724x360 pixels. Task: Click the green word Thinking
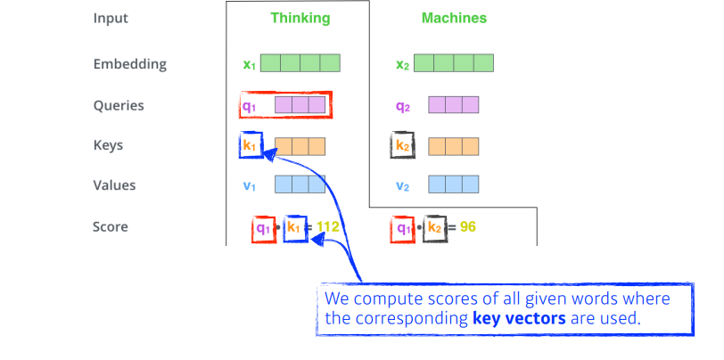[300, 18]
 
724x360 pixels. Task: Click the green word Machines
[454, 18]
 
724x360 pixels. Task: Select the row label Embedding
[129, 64]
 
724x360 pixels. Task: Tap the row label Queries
[119, 105]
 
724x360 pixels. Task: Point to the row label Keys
[108, 145]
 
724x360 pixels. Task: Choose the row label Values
[114, 185]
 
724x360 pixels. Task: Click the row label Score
[111, 226]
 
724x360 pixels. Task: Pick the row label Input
[111, 18]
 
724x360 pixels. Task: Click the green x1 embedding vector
[300, 64]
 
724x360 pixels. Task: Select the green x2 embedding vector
[453, 64]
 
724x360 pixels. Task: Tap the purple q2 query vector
[453, 105]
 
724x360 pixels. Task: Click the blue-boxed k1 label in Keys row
[251, 145]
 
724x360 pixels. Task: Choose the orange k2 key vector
[453, 145]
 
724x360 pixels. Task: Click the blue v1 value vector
[300, 185]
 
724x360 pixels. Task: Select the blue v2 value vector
[453, 185]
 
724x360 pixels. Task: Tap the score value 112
[329, 227]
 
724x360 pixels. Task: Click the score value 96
[468, 227]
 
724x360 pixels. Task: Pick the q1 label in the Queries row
[250, 106]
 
